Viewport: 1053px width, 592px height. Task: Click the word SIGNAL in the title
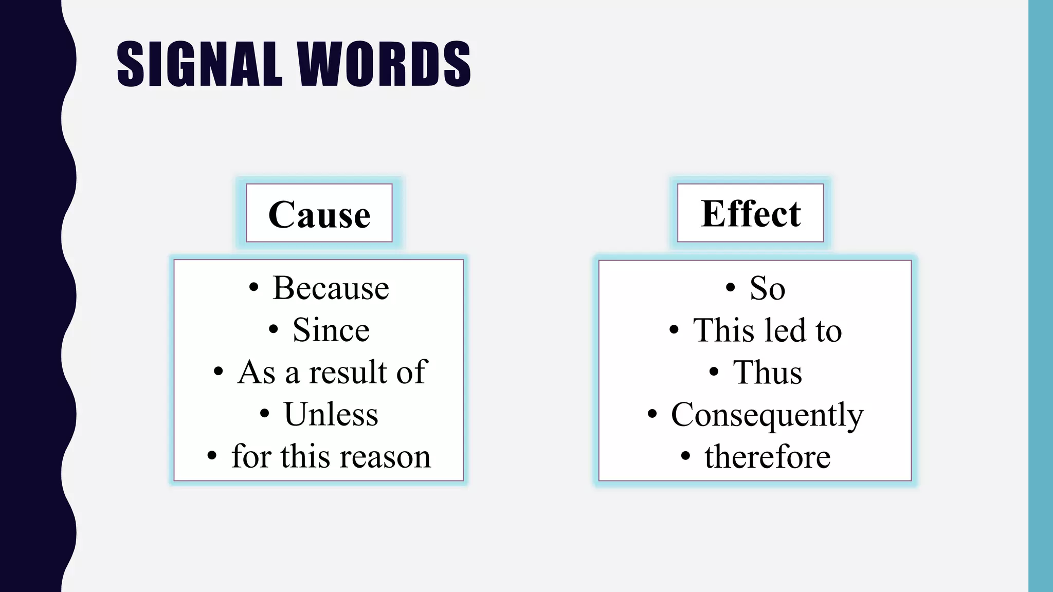tap(199, 64)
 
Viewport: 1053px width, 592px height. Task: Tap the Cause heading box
tap(319, 213)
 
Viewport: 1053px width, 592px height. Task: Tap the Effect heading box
tap(751, 213)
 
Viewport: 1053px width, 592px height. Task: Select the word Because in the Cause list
tap(331, 288)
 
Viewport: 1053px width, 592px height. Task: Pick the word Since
tap(331, 330)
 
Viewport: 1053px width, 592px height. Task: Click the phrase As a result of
tap(332, 372)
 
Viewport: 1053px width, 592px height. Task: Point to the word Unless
tap(331, 414)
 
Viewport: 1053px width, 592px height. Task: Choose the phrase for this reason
tap(331, 456)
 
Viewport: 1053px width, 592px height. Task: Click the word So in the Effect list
tap(767, 288)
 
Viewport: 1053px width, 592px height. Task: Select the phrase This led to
tap(767, 330)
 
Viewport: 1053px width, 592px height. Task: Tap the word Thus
tap(767, 372)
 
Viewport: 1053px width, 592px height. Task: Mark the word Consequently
tap(767, 414)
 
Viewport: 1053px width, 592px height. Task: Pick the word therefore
tap(767, 456)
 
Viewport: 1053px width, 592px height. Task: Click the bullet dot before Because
tap(253, 288)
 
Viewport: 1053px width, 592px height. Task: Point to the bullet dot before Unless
tap(264, 414)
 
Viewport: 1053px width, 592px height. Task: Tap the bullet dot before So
tap(730, 288)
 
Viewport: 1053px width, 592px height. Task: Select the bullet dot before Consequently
tap(652, 414)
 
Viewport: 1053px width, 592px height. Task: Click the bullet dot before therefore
tap(685, 456)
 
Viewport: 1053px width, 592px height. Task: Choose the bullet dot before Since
tap(274, 330)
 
